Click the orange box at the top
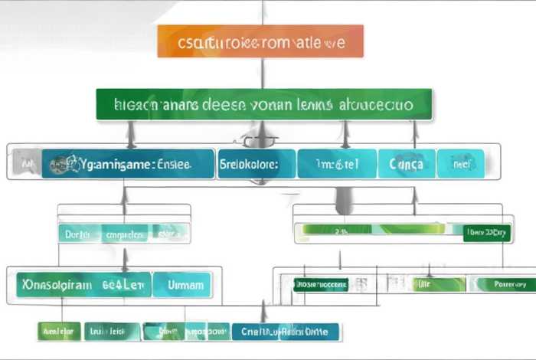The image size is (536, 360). pos(260,41)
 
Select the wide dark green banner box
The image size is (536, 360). pos(264,104)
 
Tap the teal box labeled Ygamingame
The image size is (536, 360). pos(128,164)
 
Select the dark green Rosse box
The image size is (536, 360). pos(321,285)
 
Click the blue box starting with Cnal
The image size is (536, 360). pos(284,332)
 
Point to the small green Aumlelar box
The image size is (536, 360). pos(58,332)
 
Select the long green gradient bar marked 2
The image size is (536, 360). pos(374,228)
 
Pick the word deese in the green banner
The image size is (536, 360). pos(221,105)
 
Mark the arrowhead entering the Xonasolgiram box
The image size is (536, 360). pos(125,263)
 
